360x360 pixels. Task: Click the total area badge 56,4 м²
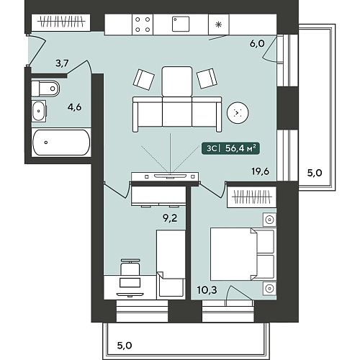pos(230,148)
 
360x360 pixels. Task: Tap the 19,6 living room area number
pos(260,171)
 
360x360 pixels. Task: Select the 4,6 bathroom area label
pos(74,107)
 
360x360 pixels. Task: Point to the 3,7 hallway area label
pos(62,63)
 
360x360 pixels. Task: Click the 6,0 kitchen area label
pos(257,43)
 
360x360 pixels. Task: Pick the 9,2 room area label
pos(170,218)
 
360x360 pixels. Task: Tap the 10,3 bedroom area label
pos(207,290)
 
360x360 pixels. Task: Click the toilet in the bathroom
pos(45,89)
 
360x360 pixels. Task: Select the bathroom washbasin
pos(39,112)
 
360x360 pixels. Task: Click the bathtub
pos(61,143)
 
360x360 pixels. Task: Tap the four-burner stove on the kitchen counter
pos(143,24)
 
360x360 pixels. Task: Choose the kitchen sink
pos(181,24)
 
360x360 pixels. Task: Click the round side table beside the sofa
pos(238,112)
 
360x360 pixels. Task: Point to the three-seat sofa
pos(177,114)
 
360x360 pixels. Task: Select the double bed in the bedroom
pos(243,254)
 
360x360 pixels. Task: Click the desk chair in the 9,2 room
pos(130,267)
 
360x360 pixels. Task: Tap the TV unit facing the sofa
pos(165,176)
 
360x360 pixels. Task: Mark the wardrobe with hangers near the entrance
pos(61,22)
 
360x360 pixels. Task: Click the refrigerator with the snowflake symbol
pos(219,24)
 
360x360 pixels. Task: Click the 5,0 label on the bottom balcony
pos(125,346)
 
